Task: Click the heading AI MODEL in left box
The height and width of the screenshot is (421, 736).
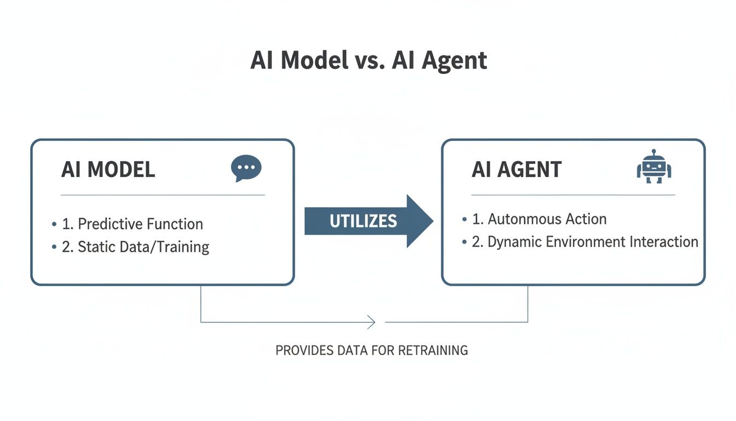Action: (x=108, y=170)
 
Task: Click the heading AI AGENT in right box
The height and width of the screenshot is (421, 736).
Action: (x=516, y=170)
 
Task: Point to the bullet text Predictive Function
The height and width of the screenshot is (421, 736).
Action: (x=140, y=224)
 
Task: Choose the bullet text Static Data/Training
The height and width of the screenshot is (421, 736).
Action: (x=143, y=247)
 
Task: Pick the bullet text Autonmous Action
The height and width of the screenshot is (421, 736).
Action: (x=547, y=219)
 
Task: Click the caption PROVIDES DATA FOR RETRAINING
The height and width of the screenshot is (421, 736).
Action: (x=371, y=350)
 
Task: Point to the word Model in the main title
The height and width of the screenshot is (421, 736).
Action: (x=314, y=60)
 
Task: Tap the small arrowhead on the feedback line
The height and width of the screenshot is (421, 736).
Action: (x=372, y=322)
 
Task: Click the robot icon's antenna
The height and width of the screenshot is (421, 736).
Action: (x=654, y=152)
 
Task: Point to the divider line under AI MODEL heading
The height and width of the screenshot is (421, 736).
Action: (x=163, y=195)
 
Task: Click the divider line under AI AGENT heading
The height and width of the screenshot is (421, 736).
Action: (x=573, y=195)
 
